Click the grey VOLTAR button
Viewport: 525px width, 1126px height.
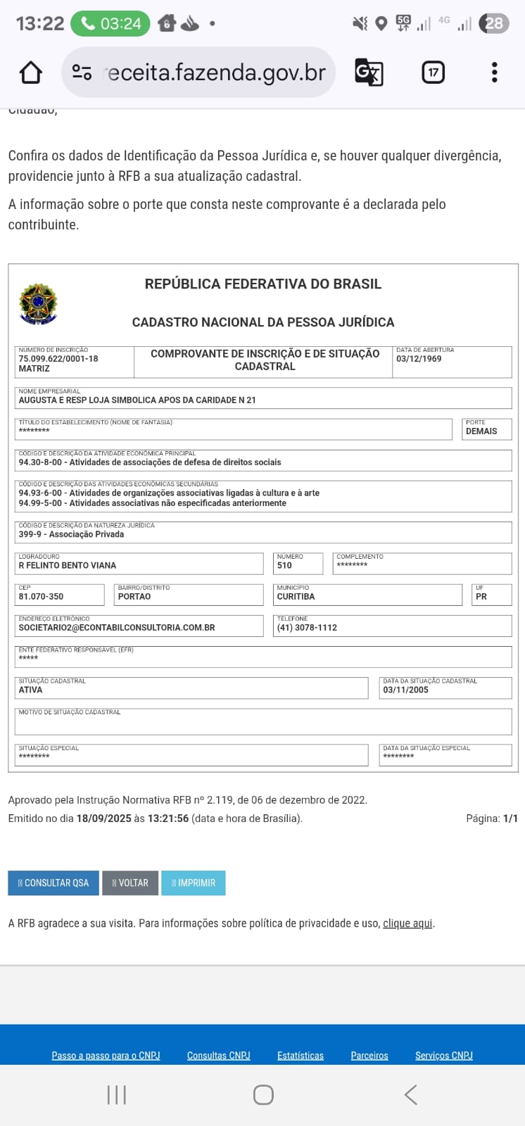(x=130, y=883)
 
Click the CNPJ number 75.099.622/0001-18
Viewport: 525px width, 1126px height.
(x=58, y=358)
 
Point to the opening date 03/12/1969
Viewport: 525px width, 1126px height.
(x=419, y=358)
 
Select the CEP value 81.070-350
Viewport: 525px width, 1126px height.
(x=41, y=596)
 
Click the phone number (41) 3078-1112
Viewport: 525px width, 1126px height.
(x=307, y=627)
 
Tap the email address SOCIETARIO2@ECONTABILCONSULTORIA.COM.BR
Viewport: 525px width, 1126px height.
(x=117, y=627)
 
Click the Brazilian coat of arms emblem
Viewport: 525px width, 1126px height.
(x=38, y=304)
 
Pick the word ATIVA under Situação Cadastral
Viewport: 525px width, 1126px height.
(x=30, y=690)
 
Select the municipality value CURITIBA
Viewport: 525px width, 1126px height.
(x=296, y=596)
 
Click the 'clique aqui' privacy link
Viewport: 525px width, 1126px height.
(x=407, y=923)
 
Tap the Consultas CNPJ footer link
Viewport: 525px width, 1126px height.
(x=218, y=1055)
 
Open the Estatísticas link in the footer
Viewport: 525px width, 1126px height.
(x=301, y=1055)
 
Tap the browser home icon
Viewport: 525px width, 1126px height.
(x=30, y=72)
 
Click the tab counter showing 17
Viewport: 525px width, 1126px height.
(x=433, y=72)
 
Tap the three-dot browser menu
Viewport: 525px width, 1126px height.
(x=495, y=72)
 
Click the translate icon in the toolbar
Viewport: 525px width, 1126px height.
(x=369, y=72)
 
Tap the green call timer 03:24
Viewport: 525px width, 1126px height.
(x=110, y=24)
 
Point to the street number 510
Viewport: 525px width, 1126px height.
(x=284, y=565)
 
